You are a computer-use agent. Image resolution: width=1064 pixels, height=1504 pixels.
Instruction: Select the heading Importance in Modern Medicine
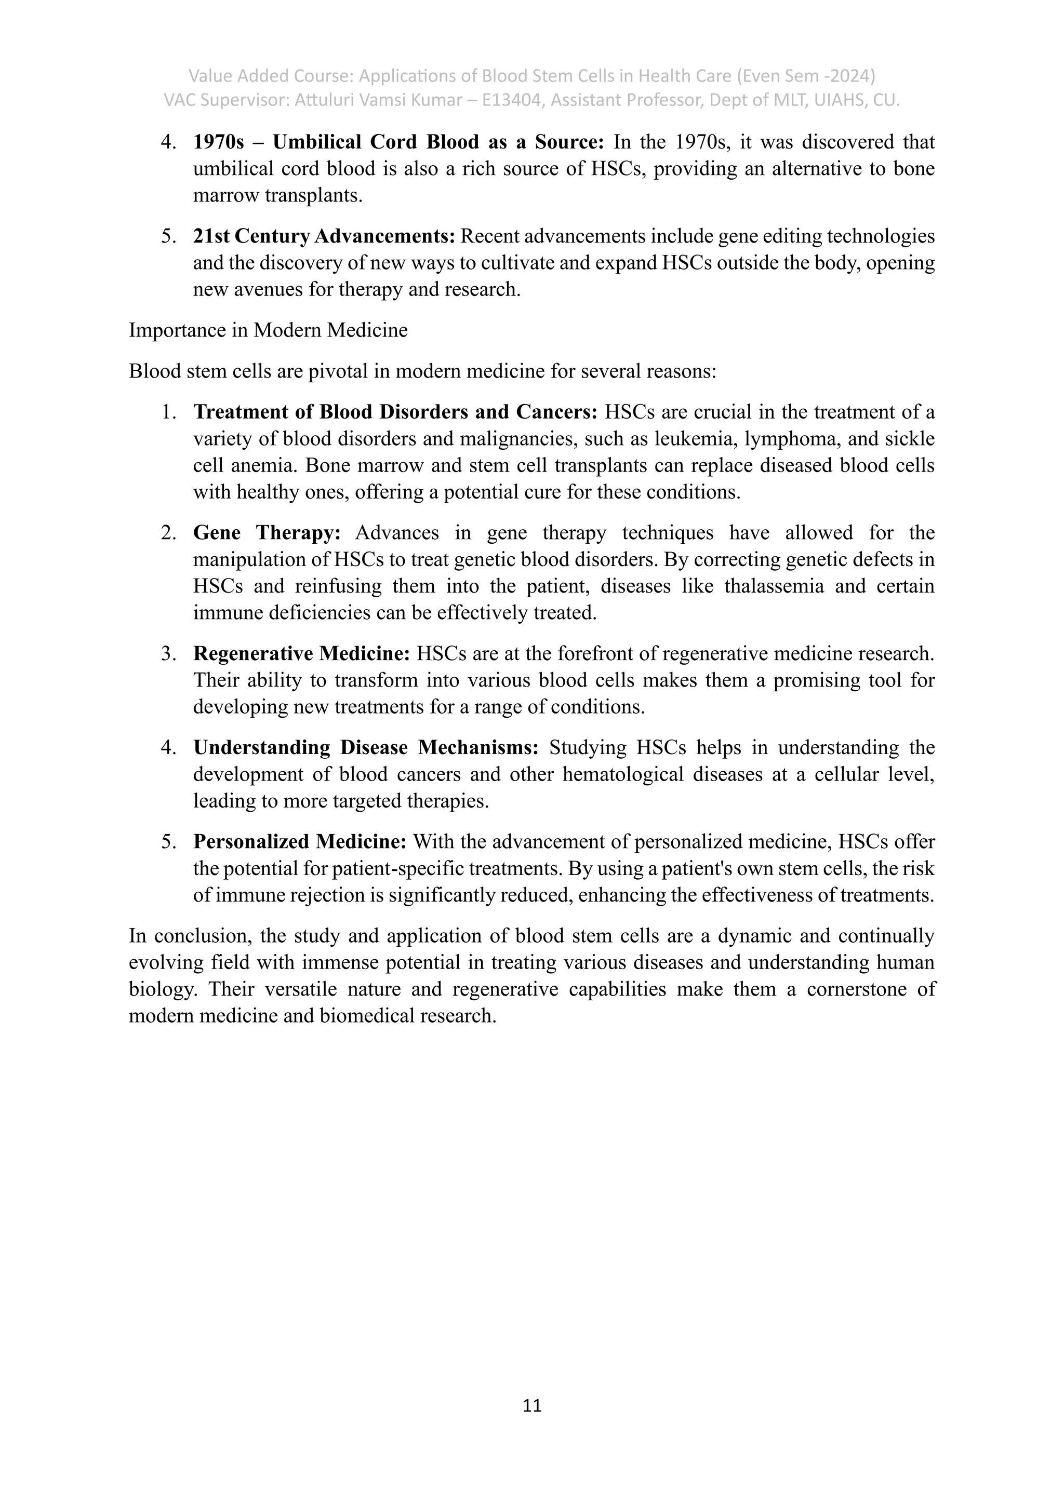point(268,330)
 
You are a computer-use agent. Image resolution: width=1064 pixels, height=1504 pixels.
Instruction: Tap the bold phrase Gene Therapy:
point(267,532)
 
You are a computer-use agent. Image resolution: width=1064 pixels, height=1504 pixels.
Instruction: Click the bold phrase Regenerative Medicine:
point(301,653)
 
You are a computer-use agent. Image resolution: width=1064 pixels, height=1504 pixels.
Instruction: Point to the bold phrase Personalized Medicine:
point(300,841)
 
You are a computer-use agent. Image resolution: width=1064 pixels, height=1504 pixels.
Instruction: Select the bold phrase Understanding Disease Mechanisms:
point(366,747)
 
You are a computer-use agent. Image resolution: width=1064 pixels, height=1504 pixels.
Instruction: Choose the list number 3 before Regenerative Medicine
point(168,653)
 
